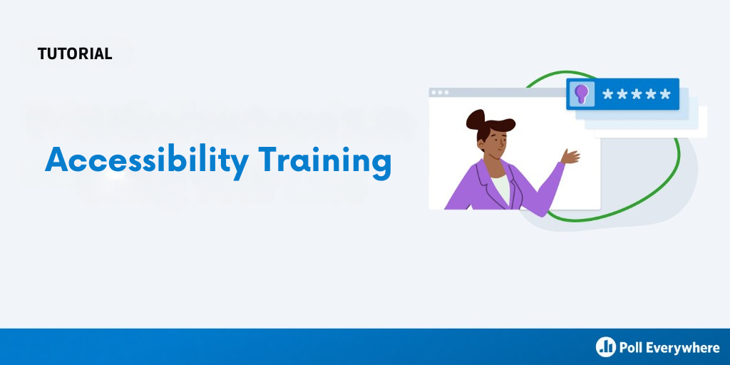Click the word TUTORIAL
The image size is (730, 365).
75,53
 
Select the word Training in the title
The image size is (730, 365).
324,162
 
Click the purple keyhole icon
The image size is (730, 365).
580,93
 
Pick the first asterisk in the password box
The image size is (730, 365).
607,95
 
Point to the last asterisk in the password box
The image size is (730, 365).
665,95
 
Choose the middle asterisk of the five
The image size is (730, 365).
637,95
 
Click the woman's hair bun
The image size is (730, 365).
475,119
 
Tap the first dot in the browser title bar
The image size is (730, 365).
434,92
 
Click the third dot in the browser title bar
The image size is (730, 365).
446,92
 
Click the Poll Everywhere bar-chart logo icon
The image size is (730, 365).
606,347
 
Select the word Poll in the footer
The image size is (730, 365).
630,347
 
